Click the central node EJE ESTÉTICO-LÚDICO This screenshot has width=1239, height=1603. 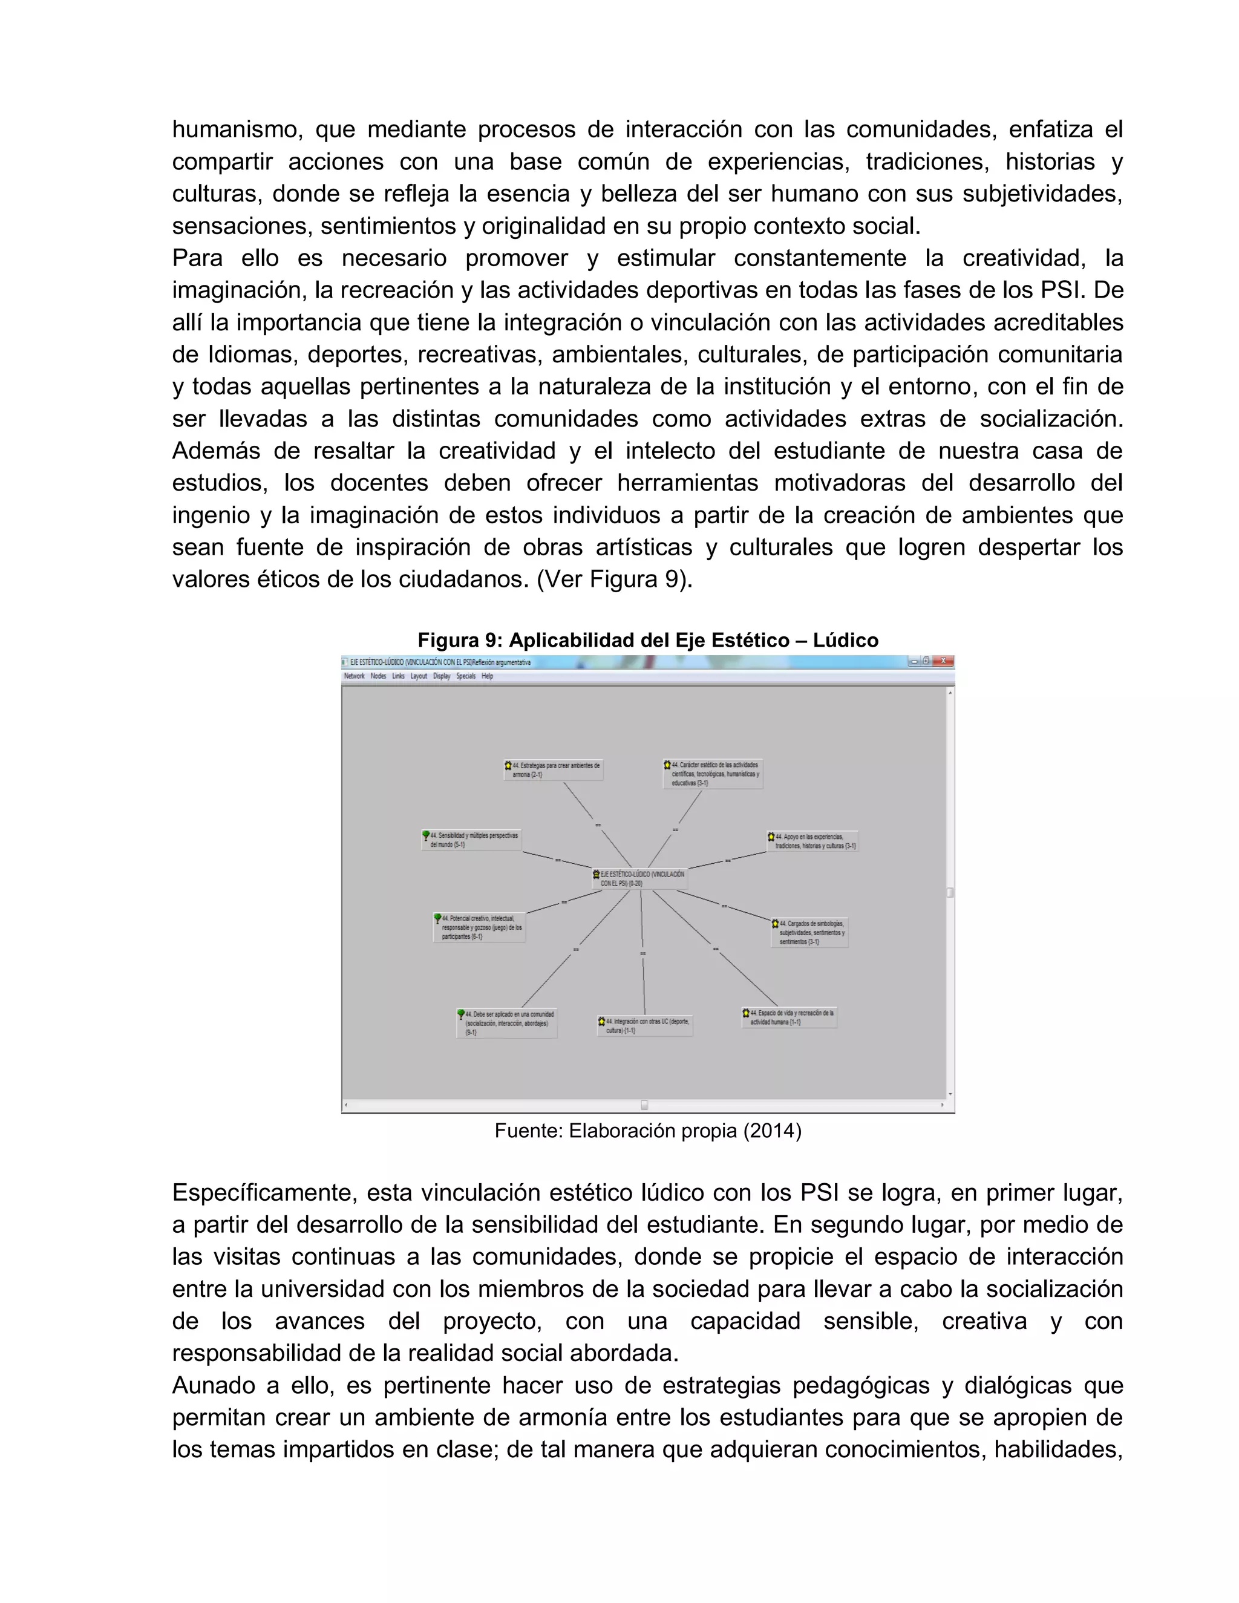(640, 878)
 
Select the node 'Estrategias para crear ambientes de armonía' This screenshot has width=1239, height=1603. (555, 769)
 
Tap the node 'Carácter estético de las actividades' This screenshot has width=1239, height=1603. (713, 774)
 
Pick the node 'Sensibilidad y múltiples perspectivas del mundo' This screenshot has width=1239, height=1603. (472, 840)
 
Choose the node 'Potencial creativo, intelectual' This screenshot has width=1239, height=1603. (480, 927)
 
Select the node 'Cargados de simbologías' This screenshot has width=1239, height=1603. (810, 932)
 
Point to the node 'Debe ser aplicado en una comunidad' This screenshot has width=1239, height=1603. (507, 1023)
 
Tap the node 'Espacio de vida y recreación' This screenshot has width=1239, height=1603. (789, 1017)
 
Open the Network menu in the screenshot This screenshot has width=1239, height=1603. (354, 676)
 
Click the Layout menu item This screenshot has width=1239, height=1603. (419, 676)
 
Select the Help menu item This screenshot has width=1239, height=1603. (488, 676)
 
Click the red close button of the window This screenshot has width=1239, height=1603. (943, 661)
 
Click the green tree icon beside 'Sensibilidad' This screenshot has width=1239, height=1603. (426, 835)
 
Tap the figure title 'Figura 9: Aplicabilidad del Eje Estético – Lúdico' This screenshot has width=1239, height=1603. (647, 640)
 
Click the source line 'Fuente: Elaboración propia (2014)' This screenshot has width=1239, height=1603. (647, 1131)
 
